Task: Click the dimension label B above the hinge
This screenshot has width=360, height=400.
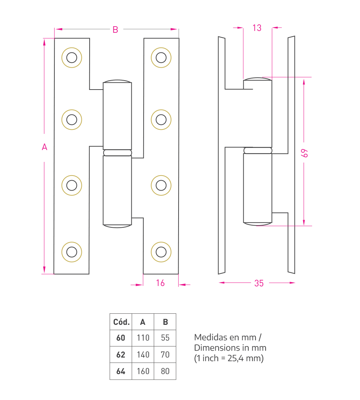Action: [116, 29]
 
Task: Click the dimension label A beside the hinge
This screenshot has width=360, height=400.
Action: [44, 147]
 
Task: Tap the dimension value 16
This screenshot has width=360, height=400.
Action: [160, 283]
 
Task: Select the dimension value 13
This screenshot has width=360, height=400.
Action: [257, 28]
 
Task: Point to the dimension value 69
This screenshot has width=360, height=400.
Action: [304, 153]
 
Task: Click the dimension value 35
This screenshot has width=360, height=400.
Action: [259, 283]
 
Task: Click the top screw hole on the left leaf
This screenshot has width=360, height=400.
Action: [72, 58]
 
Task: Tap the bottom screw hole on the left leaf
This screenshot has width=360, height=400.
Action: [72, 252]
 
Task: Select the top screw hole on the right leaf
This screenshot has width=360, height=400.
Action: [161, 58]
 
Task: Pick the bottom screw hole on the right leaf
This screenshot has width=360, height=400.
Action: [161, 252]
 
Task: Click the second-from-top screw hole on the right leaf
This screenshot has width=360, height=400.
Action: [161, 120]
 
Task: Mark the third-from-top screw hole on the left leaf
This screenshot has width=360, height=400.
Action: [72, 186]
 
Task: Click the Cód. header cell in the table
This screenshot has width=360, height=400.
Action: [121, 322]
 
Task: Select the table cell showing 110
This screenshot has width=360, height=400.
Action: [143, 338]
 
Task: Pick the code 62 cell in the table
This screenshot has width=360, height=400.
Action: [121, 355]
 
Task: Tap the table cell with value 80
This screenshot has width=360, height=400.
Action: [165, 371]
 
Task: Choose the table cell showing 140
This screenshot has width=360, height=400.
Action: [143, 355]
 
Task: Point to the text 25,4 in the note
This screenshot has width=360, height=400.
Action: [235, 358]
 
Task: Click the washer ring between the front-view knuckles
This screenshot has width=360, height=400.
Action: [117, 153]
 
